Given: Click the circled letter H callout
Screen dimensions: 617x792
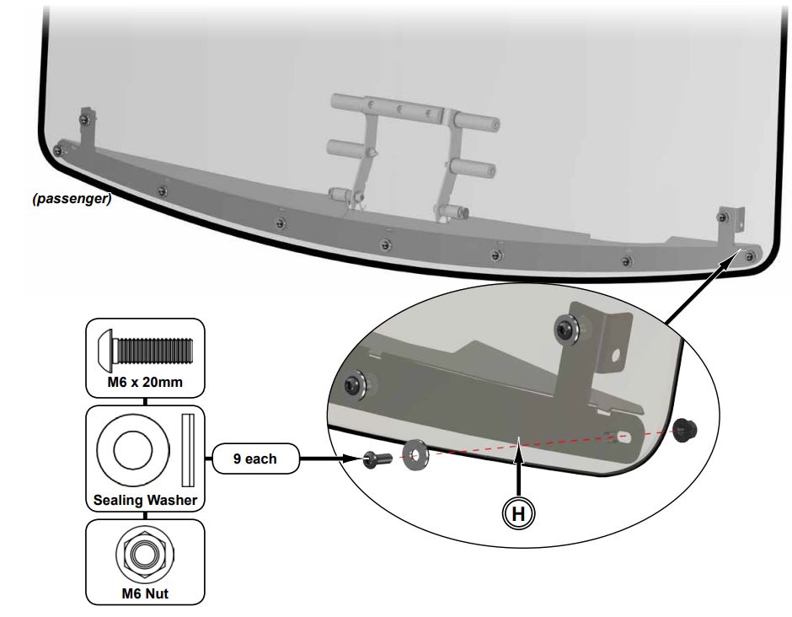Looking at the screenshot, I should (521, 512).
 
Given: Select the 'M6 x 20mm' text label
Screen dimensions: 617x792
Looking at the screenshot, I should (145, 384).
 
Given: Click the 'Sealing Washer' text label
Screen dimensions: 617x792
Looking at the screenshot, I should (145, 500).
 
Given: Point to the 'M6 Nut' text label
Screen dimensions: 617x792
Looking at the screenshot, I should (145, 593).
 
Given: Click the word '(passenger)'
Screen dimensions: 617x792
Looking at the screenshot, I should (68, 201).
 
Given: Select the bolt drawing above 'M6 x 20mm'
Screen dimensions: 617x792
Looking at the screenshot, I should (145, 348).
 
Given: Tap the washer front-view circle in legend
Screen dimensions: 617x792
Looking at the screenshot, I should (131, 447).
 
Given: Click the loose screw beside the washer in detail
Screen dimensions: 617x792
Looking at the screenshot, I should (373, 460).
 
